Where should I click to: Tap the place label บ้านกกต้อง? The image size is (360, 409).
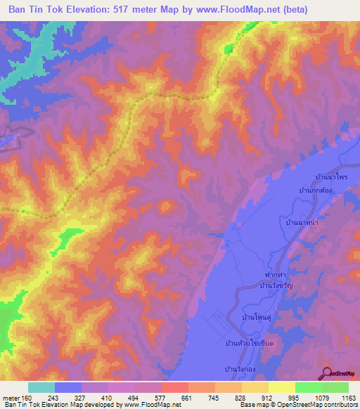pos(315,190)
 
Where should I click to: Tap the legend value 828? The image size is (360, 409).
pos(241,398)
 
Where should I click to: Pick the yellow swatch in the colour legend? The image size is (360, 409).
pos(281,387)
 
